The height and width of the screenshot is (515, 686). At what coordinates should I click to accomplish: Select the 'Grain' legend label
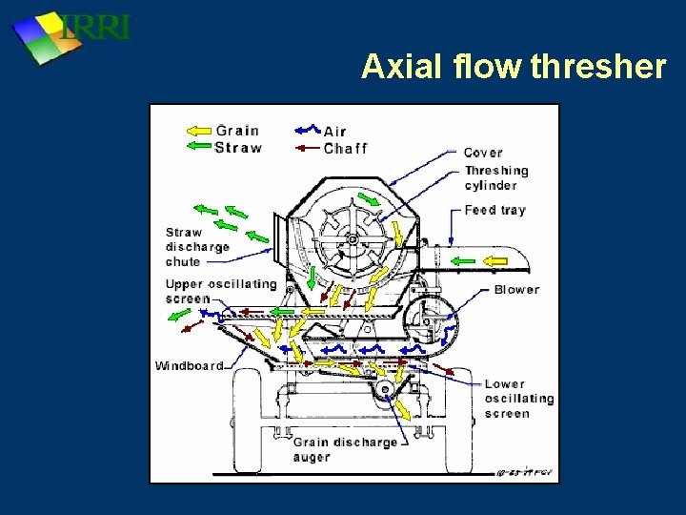point(236,131)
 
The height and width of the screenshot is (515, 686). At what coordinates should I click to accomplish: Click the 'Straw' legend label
point(237,147)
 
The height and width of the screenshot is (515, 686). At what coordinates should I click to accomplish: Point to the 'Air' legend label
point(335,131)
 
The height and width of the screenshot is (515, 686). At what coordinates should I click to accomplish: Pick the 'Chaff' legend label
point(345,148)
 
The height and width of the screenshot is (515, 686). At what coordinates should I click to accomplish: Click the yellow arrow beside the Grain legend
point(198,131)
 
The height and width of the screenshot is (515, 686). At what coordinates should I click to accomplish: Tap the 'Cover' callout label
point(483,153)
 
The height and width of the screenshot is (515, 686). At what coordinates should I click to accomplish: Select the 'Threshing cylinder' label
point(495,178)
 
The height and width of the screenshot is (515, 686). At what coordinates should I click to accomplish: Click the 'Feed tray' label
point(494,210)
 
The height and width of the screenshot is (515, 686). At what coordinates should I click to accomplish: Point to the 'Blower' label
point(516,289)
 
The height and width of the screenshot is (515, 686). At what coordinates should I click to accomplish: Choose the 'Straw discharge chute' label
point(197,246)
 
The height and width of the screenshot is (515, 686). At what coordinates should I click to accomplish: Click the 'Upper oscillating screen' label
point(220,291)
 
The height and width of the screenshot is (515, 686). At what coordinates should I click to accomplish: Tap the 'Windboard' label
point(190,365)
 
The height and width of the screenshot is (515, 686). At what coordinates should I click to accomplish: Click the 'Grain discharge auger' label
point(331,449)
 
